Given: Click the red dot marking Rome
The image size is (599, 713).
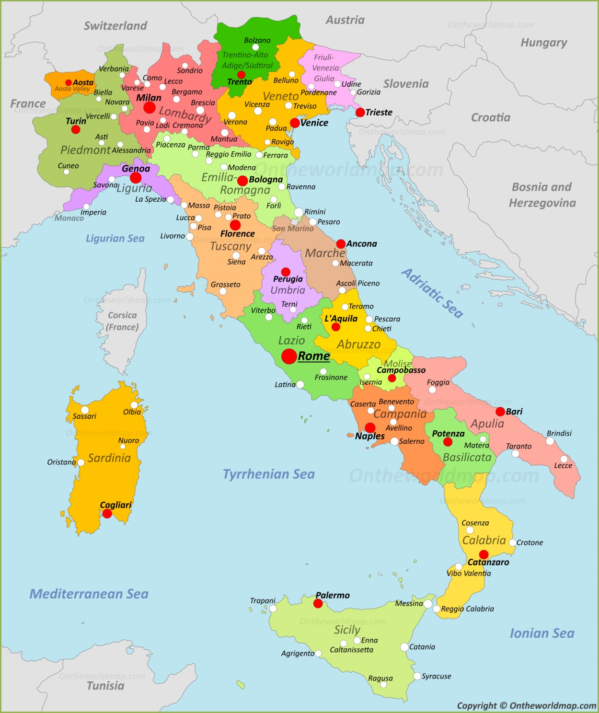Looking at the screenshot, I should click(289, 356).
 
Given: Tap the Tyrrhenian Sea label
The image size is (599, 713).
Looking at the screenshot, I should click(269, 474).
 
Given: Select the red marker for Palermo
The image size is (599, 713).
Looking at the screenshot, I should click(318, 603).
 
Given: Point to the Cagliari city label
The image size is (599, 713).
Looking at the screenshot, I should click(115, 505).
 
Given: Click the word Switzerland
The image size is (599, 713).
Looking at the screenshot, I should click(115, 26).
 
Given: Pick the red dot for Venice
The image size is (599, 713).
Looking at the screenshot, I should click(295, 123).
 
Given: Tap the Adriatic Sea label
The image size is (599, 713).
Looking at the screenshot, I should click(432, 293).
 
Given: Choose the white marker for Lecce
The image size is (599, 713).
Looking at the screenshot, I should click(564, 459).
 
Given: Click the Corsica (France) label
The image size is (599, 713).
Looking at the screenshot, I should click(122, 321).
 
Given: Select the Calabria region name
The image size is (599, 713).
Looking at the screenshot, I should click(484, 540).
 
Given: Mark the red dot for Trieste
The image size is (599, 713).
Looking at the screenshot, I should click(360, 113).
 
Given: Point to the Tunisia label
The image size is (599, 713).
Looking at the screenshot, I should click(105, 686).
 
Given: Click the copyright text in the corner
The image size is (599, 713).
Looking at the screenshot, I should click(526, 705).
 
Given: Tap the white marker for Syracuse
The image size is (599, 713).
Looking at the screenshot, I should click(417, 676).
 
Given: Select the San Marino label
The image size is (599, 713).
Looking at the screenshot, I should click(293, 229).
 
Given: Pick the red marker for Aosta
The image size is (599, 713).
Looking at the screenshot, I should click(69, 83).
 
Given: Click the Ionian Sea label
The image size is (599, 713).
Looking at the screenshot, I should click(542, 633).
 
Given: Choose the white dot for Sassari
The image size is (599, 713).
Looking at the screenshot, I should click(85, 410).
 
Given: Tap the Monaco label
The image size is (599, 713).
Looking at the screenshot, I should click(69, 218).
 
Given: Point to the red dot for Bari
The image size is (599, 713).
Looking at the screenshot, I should click(500, 412).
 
